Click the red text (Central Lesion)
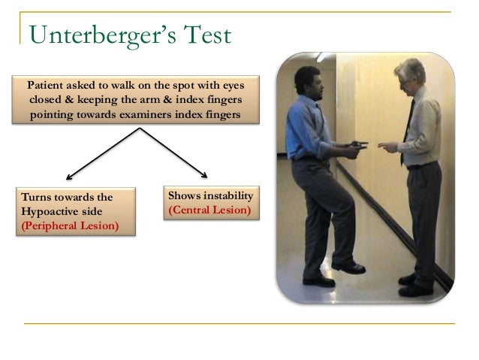tap(209, 210)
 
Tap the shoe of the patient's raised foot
tap(350, 267)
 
